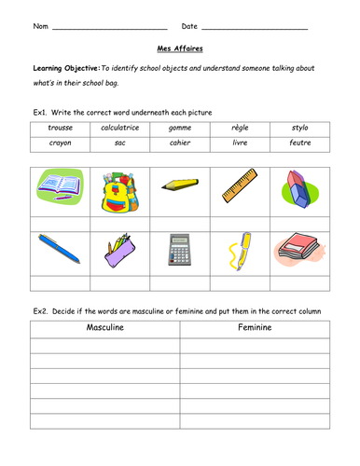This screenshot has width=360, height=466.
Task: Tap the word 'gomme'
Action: [x=181, y=127]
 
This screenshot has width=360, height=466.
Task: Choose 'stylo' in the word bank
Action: [x=298, y=127]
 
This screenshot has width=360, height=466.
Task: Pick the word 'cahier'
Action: [x=181, y=143]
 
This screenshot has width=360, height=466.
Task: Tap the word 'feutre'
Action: [x=300, y=143]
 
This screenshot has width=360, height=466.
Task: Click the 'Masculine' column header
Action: [x=105, y=328]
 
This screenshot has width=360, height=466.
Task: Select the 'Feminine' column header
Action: [x=255, y=328]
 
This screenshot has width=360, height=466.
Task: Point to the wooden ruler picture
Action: [x=240, y=186]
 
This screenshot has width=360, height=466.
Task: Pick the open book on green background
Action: [x=60, y=185]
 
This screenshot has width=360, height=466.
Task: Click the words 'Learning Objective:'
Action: [x=65, y=69]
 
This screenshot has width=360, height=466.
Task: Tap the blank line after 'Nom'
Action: [x=109, y=28]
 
